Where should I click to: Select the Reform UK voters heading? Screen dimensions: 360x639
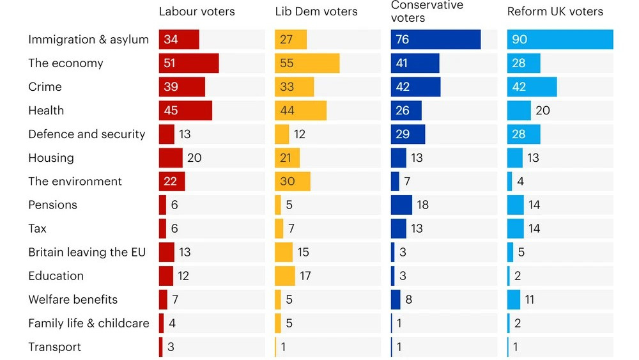tap(555, 12)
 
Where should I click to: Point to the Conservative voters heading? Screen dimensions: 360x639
tap(427, 12)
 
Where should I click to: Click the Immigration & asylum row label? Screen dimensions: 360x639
tap(88, 40)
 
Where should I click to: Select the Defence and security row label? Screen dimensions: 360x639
tap(87, 134)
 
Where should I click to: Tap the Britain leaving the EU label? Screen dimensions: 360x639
tap(87, 252)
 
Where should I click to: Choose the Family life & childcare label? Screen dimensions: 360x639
tap(88, 323)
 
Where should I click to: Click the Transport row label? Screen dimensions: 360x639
tap(55, 347)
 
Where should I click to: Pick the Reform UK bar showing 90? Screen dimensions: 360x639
tap(560, 40)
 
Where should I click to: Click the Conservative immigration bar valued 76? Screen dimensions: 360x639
tap(436, 40)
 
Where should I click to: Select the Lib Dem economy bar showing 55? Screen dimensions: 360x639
tap(307, 63)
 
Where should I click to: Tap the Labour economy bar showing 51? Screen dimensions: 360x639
tap(189, 63)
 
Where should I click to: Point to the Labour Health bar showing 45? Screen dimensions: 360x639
tap(185, 111)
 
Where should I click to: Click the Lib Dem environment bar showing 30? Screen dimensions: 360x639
tap(293, 182)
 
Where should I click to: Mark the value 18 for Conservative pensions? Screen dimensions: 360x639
tap(422, 205)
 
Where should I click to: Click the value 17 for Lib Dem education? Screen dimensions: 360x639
tap(305, 276)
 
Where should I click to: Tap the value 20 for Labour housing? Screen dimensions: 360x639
tap(194, 158)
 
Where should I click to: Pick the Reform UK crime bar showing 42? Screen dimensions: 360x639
tap(532, 87)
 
